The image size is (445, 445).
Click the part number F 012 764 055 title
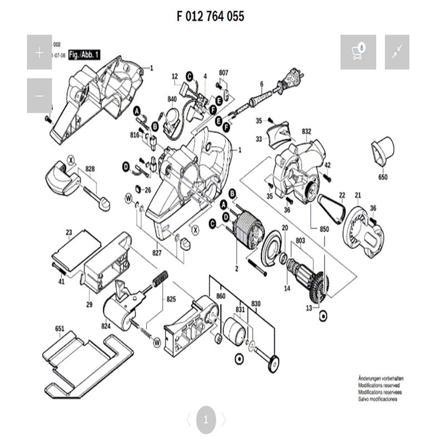tap(210, 16)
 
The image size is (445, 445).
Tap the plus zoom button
tap(39, 52)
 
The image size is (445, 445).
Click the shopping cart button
tap(358, 52)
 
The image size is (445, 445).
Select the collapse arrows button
tap(397, 52)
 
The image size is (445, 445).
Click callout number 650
tap(383, 177)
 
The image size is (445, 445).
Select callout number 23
tap(69, 233)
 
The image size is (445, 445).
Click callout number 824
tap(106, 327)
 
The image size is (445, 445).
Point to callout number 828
tap(90, 169)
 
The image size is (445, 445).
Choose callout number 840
tap(172, 100)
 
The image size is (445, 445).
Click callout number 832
tap(306, 131)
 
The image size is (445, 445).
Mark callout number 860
tap(220, 297)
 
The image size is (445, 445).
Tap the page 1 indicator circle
tap(205, 420)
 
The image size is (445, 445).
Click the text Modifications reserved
tap(379, 385)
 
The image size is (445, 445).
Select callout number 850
tap(324, 229)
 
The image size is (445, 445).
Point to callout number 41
tap(61, 281)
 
